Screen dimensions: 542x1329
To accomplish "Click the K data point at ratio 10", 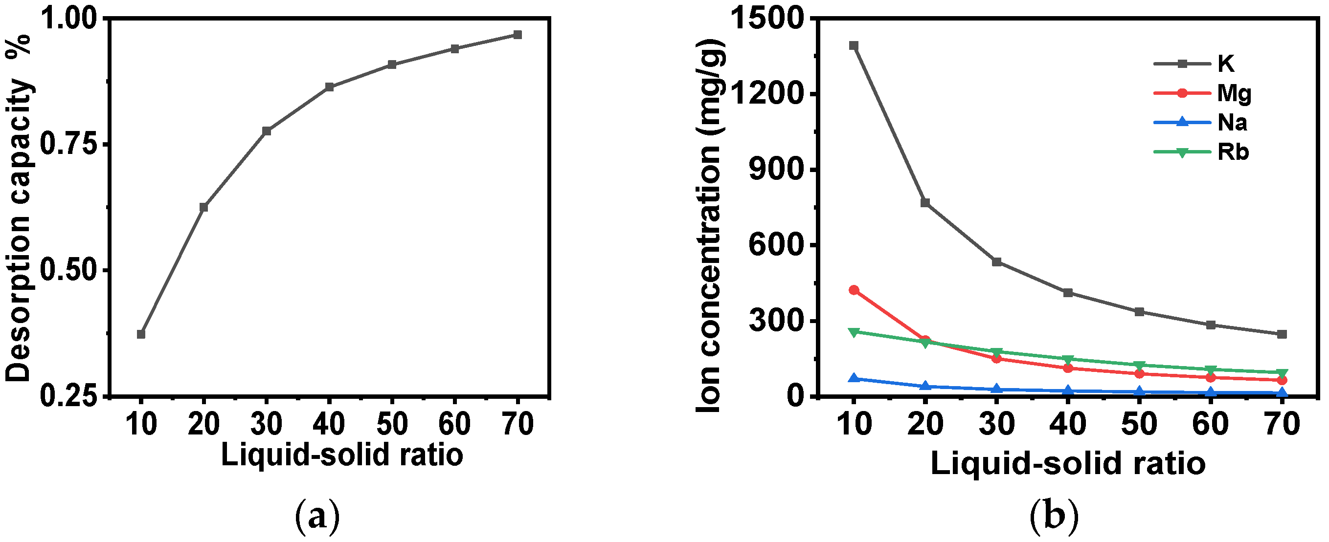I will pos(854,46).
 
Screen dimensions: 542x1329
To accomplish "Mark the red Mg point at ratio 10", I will pos(854,290).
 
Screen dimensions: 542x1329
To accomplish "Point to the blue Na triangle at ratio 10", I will pos(854,378).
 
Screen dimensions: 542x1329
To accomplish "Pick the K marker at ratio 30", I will pos(997,262).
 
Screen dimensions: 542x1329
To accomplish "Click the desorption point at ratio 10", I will pos(141,334).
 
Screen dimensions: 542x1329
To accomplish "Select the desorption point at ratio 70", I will pos(518,35).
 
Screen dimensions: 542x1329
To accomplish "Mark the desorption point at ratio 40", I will pos(329,87).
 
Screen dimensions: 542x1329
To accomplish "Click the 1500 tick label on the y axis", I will pos(767,20).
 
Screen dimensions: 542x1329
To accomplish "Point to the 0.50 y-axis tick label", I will pos(68,271).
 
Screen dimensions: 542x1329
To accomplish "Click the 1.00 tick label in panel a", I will pos(68,20).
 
